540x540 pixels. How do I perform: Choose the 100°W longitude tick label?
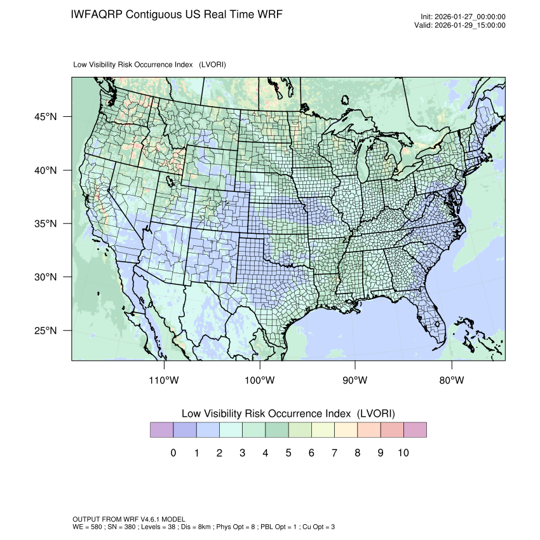click(260, 381)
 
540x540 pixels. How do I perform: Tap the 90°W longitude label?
click(355, 381)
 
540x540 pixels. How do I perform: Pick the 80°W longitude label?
click(452, 381)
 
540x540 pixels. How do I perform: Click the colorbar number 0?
click(173, 453)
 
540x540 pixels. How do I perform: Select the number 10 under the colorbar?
click(403, 453)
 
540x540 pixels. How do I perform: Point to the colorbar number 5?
click(288, 453)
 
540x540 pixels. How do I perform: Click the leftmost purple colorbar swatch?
click(161, 430)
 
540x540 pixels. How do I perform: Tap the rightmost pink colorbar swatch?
click(415, 430)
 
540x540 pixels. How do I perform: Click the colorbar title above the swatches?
click(288, 414)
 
